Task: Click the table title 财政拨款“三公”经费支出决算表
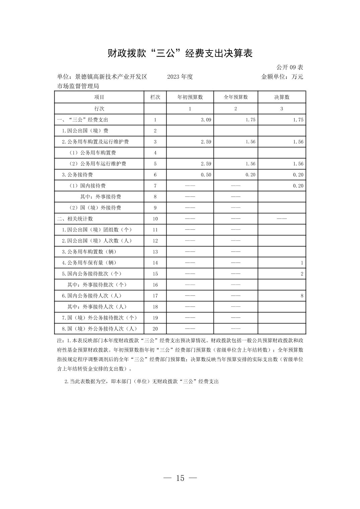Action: tap(180, 53)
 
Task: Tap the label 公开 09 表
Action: tap(290, 67)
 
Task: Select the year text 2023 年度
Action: tap(180, 77)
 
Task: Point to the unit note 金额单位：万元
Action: tap(282, 77)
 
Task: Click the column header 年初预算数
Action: tap(190, 97)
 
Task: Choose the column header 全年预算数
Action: tap(236, 97)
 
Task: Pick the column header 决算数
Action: tap(282, 97)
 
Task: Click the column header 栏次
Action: tap(155, 97)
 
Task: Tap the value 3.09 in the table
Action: tap(206, 120)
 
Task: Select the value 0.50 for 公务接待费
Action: tap(206, 175)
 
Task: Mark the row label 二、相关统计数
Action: tap(75, 219)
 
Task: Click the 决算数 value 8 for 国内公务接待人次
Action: tap(302, 296)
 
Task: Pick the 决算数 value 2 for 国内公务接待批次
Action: tap(302, 274)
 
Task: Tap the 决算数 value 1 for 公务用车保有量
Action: tap(302, 263)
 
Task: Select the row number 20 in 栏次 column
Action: tap(155, 329)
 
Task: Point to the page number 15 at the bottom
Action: tap(180, 478)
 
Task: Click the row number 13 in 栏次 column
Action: tap(155, 252)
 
